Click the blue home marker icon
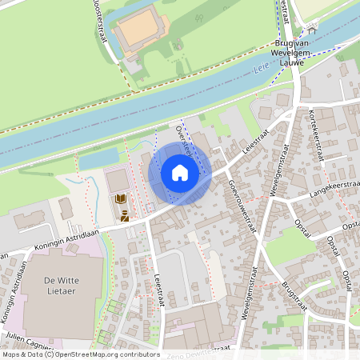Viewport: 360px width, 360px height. (180, 172)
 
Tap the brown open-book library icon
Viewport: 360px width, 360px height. (120, 198)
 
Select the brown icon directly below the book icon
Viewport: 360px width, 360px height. (125, 215)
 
